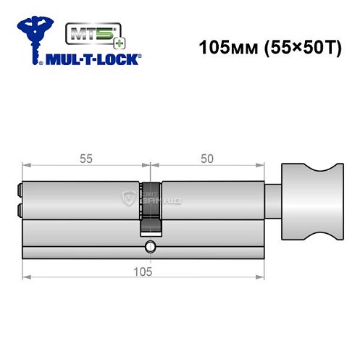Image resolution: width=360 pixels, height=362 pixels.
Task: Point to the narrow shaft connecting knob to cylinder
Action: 274,194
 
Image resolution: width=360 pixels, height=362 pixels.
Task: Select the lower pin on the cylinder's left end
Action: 18,211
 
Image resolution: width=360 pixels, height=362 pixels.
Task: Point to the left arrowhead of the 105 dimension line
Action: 27,277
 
